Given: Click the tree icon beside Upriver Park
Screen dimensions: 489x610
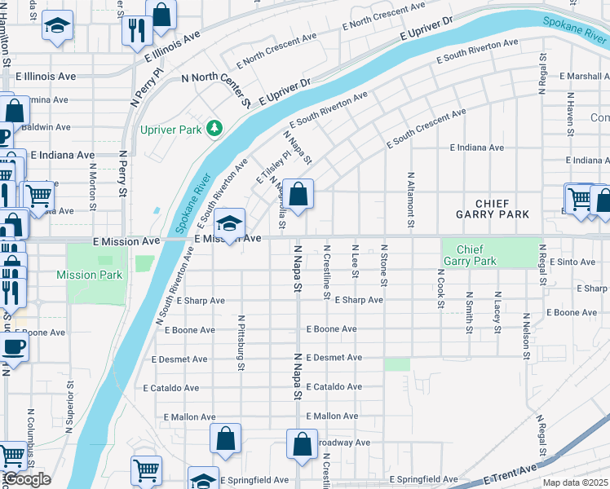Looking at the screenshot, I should (214, 128).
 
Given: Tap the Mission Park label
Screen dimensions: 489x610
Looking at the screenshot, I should (90, 275).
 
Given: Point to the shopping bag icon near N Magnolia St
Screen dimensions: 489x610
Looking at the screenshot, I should (299, 195).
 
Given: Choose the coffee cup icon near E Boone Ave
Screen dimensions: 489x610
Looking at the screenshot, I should (14, 347).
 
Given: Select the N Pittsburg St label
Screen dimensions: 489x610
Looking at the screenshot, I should (242, 337).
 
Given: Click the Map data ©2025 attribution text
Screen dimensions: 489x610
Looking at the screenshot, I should (576, 482).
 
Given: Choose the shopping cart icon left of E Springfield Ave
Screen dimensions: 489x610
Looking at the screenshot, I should (146, 469).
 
